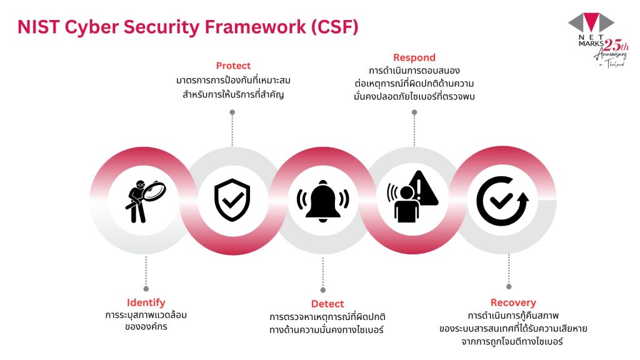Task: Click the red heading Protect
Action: pos(233,66)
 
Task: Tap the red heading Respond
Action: pos(414,58)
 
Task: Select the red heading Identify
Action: pos(146,302)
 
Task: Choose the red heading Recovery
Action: pos(512,302)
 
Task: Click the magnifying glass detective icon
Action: pos(144,201)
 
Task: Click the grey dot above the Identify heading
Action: pos(146,289)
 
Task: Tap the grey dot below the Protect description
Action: pos(232,112)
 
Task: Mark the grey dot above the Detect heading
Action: pos(323,290)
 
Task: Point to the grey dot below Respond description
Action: pos(414,112)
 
